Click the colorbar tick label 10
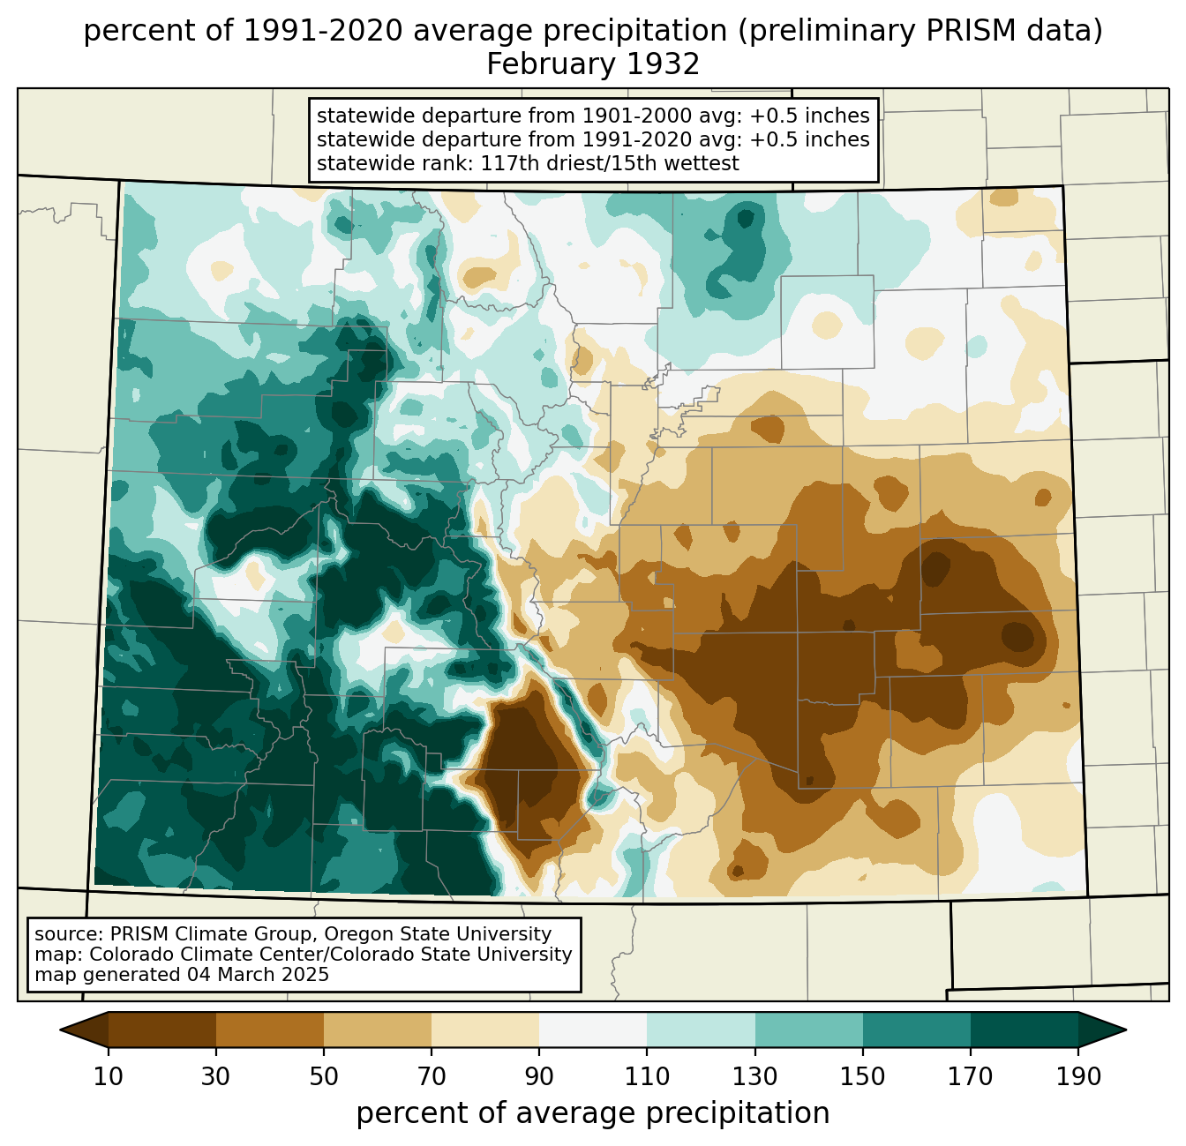pos(108,1076)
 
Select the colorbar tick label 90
pos(539,1076)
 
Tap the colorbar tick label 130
pos(754,1076)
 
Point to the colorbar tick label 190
pos(1078,1076)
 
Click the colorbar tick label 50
pos(324,1076)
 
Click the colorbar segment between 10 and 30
pos(162,1030)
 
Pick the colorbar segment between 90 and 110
pos(593,1030)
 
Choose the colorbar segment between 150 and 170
pos(917,1030)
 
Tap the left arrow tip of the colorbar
pos(60,1030)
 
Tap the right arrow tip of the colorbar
pos(1126,1030)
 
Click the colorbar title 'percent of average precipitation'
pos(592,1113)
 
